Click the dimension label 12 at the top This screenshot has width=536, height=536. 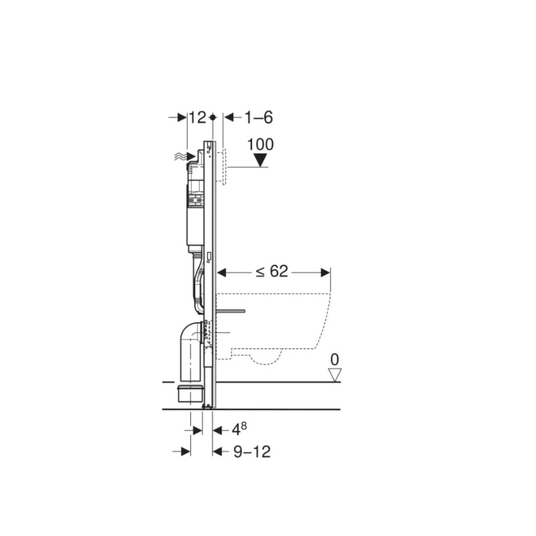[x=198, y=118]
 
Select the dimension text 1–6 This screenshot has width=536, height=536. [x=259, y=118]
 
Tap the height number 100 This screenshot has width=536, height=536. [x=261, y=144]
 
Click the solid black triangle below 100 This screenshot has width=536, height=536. [x=261, y=160]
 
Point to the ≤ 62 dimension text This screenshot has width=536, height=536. [x=272, y=272]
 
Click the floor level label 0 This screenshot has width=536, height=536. [x=334, y=360]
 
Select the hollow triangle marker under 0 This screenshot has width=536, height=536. [x=334, y=375]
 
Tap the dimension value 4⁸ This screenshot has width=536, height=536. [x=239, y=429]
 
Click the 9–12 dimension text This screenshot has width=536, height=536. [x=252, y=452]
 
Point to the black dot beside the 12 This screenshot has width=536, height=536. [x=212, y=117]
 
